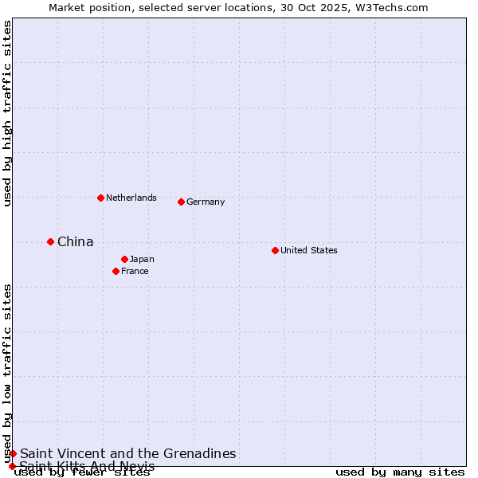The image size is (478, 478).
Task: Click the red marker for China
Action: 50,241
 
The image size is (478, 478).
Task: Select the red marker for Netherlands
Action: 100,198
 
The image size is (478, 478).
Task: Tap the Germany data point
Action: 181,202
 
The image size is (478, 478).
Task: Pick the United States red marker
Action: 275,250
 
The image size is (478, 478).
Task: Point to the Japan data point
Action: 124,259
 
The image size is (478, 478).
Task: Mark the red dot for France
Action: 116,271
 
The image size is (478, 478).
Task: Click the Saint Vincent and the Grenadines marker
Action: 13,453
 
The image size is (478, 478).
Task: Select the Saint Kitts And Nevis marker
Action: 12,466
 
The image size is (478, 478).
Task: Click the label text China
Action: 76,241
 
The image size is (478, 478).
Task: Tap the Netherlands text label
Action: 131,198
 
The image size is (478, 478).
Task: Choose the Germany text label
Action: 206,202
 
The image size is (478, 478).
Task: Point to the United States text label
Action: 309,250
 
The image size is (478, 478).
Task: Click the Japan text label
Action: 142,259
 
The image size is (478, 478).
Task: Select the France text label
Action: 135,271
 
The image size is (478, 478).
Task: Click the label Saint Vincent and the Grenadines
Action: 128,453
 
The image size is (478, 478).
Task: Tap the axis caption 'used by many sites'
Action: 400,472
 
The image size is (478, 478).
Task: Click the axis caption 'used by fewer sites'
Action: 82,472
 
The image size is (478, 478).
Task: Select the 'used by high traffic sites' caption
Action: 7,113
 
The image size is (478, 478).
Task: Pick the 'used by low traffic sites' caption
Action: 7,373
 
